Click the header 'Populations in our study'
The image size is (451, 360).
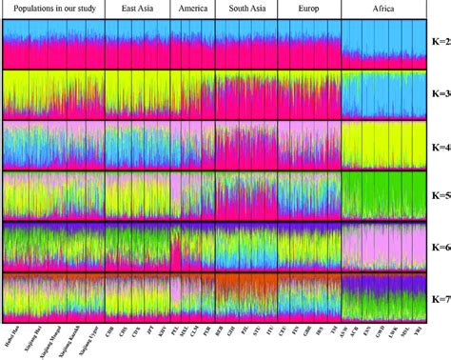pyautogui.click(x=53, y=9)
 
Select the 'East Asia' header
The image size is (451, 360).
pyautogui.click(x=138, y=9)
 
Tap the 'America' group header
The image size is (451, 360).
pyautogui.click(x=193, y=9)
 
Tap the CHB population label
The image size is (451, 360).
pyautogui.click(x=110, y=333)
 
